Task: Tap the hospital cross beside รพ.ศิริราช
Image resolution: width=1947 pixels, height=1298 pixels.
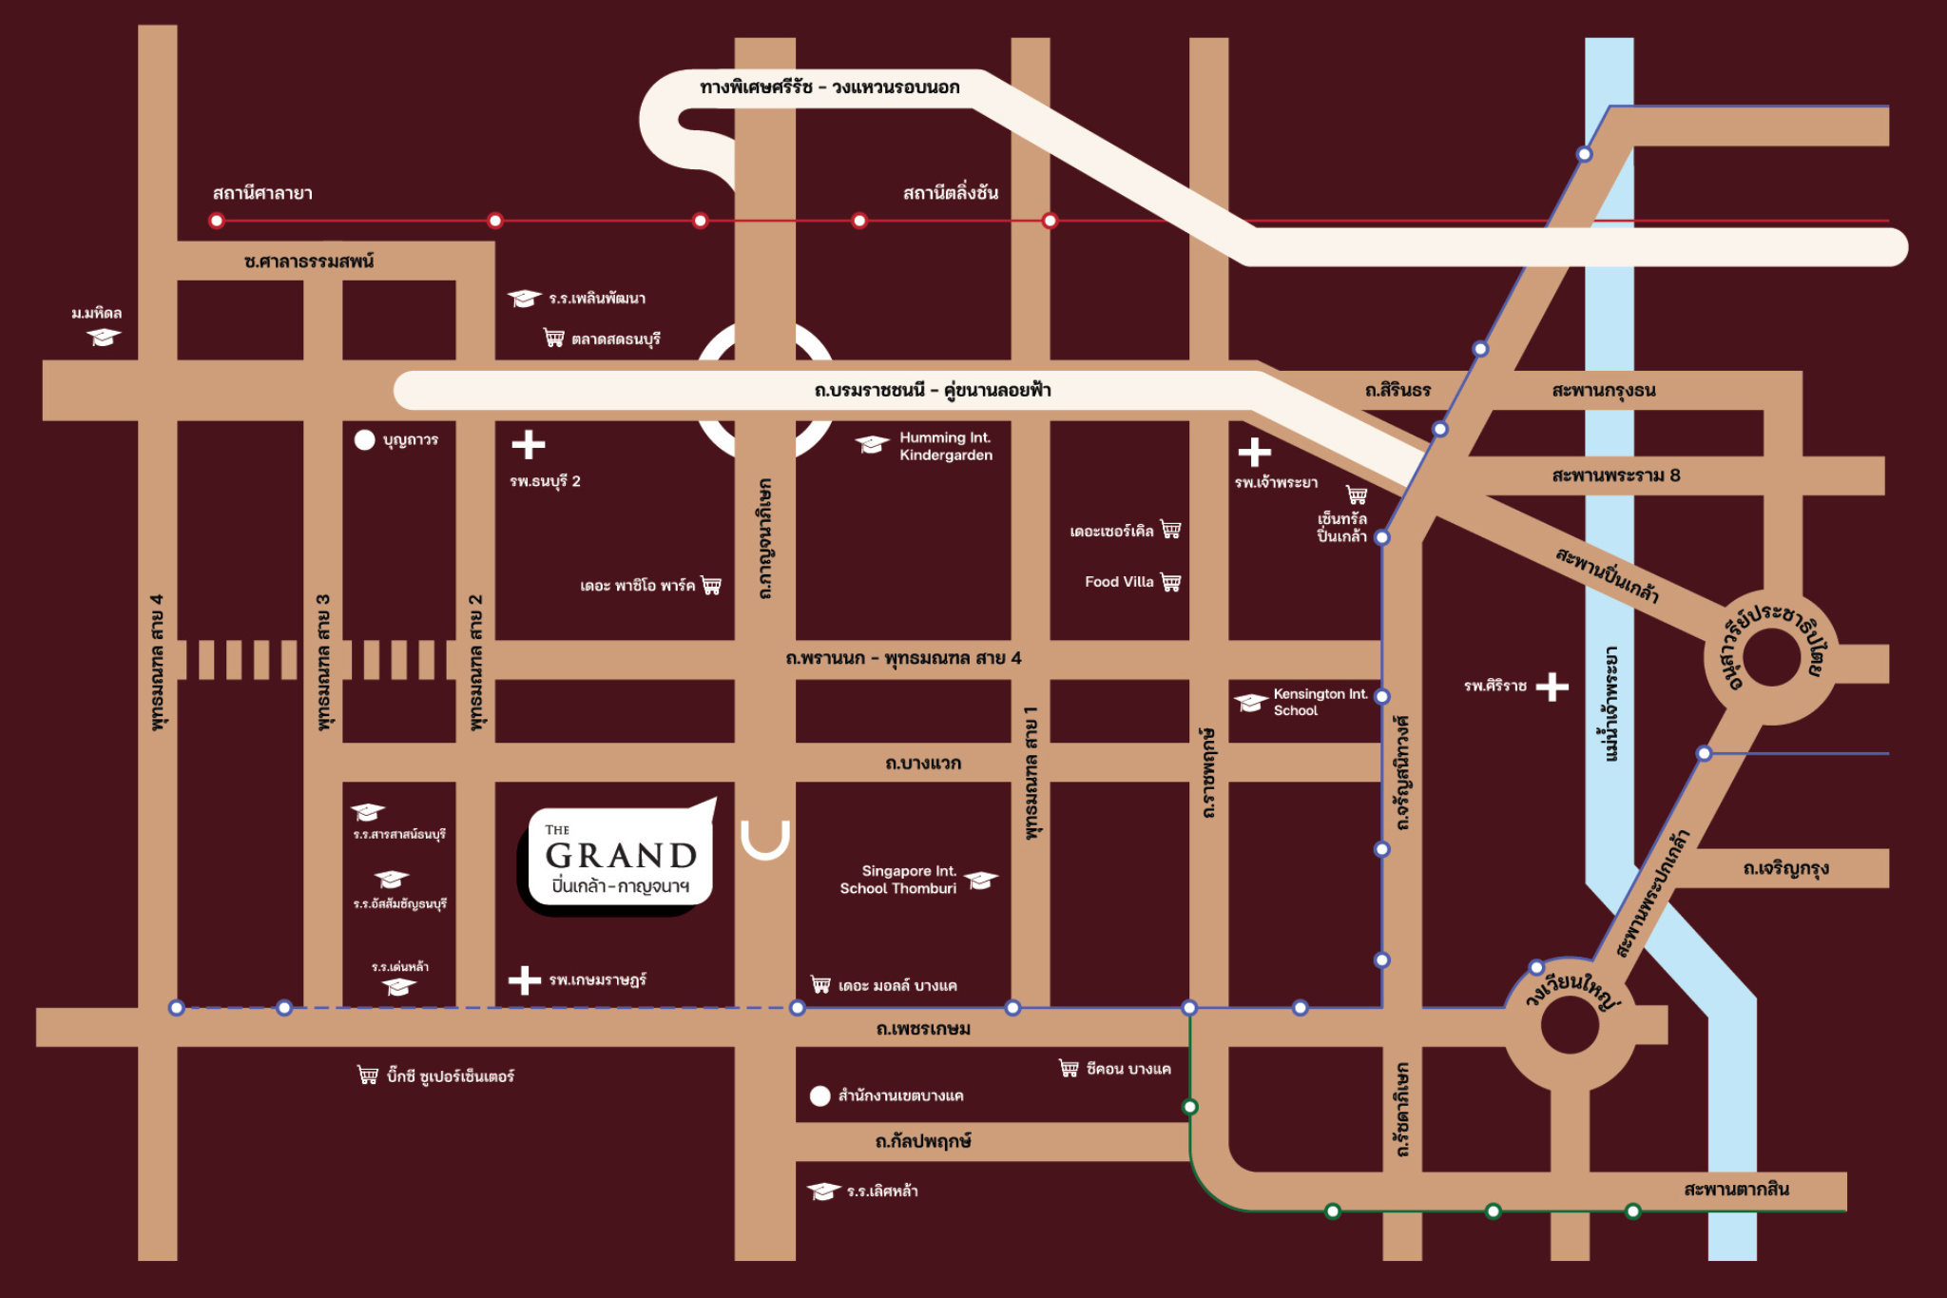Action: [x=1552, y=686]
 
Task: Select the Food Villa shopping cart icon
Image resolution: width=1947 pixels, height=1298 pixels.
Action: [x=1171, y=582]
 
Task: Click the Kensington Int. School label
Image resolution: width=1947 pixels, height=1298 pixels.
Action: [x=1320, y=702]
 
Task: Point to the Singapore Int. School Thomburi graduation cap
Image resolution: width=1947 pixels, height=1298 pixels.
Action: [x=981, y=881]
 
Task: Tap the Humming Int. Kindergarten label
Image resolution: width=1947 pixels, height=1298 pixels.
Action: [x=946, y=446]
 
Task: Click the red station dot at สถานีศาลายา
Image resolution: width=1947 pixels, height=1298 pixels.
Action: [x=217, y=221]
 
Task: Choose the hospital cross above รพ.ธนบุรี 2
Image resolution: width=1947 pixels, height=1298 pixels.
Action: [x=529, y=444]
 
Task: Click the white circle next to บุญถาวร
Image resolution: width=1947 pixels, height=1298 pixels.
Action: [x=364, y=439]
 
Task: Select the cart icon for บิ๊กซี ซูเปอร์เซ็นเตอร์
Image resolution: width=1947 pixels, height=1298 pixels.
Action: [x=368, y=1075]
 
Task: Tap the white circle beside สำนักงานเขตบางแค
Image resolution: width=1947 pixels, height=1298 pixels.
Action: [x=819, y=1095]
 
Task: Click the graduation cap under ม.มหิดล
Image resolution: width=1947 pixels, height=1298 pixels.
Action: [x=104, y=337]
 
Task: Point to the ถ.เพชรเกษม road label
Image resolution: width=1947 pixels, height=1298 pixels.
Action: [x=923, y=1028]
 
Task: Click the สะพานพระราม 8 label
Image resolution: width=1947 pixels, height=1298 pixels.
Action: [x=1616, y=475]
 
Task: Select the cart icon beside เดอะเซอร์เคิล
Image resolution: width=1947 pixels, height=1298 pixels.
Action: [x=1171, y=530]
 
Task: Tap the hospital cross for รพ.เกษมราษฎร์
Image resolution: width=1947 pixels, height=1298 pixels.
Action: [x=525, y=979]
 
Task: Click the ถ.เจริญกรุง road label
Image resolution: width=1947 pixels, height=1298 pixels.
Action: [x=1786, y=868]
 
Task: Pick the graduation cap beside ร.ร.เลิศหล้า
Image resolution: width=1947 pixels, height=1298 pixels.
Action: [x=823, y=1191]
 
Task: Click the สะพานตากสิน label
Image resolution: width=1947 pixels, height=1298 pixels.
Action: [x=1736, y=1189]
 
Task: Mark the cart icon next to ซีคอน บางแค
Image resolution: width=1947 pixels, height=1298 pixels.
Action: [x=1070, y=1068]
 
